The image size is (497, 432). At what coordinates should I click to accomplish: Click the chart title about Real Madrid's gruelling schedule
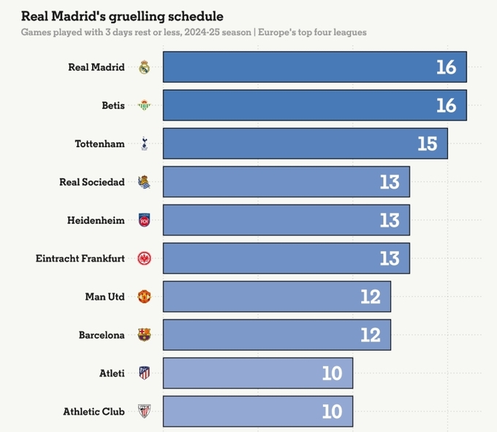(x=122, y=15)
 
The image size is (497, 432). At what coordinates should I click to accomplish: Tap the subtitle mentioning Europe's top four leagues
(x=194, y=33)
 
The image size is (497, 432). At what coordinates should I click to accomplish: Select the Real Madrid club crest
(x=144, y=67)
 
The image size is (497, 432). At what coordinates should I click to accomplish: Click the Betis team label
(x=113, y=105)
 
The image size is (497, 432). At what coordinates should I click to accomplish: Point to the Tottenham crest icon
(x=144, y=143)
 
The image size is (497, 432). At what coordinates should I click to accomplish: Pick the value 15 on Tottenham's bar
(x=427, y=143)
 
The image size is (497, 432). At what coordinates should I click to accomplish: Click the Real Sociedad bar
(x=285, y=182)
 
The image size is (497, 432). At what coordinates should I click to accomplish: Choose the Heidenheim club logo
(x=144, y=220)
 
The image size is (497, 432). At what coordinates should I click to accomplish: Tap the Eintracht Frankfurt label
(x=80, y=259)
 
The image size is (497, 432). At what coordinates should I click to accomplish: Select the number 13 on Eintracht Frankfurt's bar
(x=390, y=259)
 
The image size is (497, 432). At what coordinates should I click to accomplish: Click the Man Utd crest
(x=144, y=297)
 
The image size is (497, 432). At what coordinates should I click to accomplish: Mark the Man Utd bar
(x=276, y=297)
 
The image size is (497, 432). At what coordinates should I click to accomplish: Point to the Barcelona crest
(x=144, y=335)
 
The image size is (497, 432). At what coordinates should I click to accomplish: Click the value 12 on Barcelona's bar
(x=371, y=335)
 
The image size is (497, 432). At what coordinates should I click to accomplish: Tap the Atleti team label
(x=112, y=374)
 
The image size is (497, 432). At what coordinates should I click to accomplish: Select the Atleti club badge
(x=144, y=374)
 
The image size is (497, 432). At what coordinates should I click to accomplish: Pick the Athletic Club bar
(x=257, y=412)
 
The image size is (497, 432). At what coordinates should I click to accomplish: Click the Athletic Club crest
(x=144, y=412)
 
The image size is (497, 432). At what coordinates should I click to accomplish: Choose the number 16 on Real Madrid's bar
(x=446, y=67)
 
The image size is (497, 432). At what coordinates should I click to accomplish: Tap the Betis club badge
(x=144, y=105)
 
